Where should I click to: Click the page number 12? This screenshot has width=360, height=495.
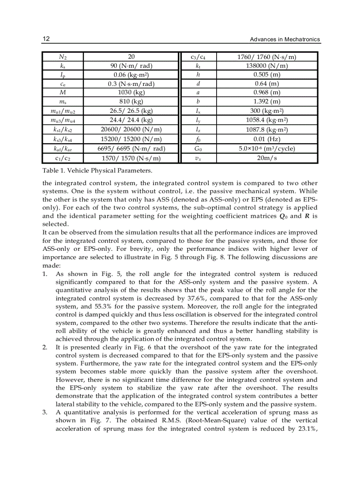tap(46, 39)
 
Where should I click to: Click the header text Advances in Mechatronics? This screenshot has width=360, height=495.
tap(285, 40)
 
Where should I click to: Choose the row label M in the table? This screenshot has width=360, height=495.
tap(63, 93)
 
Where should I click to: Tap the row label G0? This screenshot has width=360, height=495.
tap(198, 149)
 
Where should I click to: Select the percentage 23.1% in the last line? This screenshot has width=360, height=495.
tap(306, 428)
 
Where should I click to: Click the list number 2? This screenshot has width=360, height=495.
tap(45, 347)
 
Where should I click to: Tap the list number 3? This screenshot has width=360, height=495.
tap(45, 413)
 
